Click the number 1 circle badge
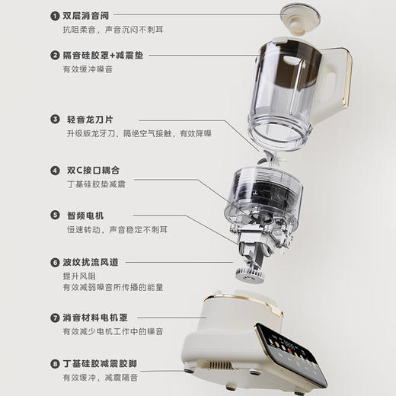(x=55, y=15)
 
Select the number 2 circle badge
(x=55, y=55)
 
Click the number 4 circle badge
(x=55, y=171)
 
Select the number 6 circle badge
(x=55, y=262)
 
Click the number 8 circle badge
(x=55, y=362)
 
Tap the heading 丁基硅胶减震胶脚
(x=109, y=362)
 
